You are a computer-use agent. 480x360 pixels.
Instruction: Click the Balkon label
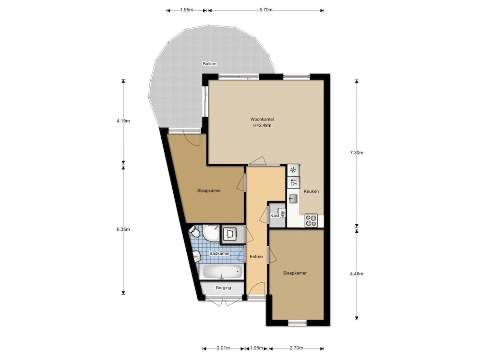point(210,64)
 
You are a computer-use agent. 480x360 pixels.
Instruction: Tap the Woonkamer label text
point(263,120)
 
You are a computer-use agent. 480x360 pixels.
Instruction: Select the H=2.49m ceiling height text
point(263,125)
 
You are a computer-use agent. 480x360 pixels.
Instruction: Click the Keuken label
point(312,192)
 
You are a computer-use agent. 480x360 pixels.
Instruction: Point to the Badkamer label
point(219,253)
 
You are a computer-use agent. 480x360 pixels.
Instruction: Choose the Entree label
point(256,256)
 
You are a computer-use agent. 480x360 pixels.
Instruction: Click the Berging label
point(224,288)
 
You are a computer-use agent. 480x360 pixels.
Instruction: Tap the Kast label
point(275,216)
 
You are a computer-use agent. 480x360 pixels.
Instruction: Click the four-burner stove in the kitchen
point(311,220)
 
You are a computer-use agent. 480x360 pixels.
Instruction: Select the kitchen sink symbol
point(293,198)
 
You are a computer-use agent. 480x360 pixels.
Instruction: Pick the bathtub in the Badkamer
point(221,272)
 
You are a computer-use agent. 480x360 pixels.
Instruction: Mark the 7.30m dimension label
point(357,153)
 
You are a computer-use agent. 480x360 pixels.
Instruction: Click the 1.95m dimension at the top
point(186,10)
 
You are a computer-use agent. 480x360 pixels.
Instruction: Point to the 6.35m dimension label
point(123,229)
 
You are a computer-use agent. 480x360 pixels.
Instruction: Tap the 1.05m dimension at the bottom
point(256,348)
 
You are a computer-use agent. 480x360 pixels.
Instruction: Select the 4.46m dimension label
point(357,274)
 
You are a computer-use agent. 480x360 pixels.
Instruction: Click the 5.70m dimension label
point(266,10)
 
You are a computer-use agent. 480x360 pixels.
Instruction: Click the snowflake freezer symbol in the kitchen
point(293,170)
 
